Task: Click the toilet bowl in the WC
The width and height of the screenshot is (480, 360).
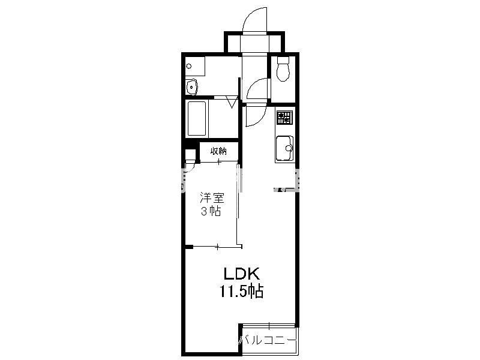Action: (x=283, y=73)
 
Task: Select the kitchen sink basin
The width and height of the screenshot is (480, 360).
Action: (x=284, y=148)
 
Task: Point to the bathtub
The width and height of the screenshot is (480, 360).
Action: (x=197, y=118)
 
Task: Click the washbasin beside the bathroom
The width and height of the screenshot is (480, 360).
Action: (x=191, y=87)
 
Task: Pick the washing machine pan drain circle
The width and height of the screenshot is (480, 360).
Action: (x=189, y=66)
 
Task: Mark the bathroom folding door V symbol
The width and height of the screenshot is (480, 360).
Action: (x=232, y=102)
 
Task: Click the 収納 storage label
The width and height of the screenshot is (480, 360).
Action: (x=218, y=151)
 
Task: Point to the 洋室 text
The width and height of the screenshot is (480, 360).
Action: (x=212, y=198)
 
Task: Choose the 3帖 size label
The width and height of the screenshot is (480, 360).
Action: (x=211, y=211)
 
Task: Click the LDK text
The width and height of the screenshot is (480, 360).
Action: (x=242, y=274)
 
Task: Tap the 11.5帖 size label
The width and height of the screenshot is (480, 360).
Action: (x=241, y=291)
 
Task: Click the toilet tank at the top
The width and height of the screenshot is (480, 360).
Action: (x=283, y=59)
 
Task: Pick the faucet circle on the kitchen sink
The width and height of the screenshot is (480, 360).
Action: (x=289, y=149)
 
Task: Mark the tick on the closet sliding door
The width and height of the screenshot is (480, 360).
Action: (x=218, y=161)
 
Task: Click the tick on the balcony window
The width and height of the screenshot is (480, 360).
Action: (x=269, y=326)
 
